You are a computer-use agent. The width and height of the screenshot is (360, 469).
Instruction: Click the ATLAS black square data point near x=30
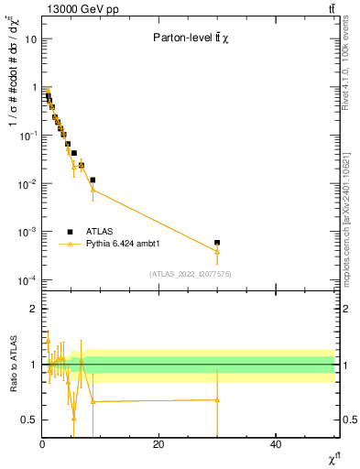click(217, 243)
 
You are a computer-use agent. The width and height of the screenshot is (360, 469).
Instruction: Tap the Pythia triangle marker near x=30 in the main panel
click(217, 251)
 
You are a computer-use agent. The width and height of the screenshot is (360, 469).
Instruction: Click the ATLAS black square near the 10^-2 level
click(93, 180)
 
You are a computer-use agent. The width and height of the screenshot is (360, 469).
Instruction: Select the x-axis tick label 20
click(158, 445)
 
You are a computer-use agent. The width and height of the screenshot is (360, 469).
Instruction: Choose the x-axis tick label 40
click(276, 445)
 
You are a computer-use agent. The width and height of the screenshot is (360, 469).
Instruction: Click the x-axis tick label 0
click(42, 445)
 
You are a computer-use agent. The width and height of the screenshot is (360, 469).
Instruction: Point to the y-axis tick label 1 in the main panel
click(34, 88)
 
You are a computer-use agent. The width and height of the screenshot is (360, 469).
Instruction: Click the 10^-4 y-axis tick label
click(28, 280)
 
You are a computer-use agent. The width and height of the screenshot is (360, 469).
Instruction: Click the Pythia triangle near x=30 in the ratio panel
click(217, 399)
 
